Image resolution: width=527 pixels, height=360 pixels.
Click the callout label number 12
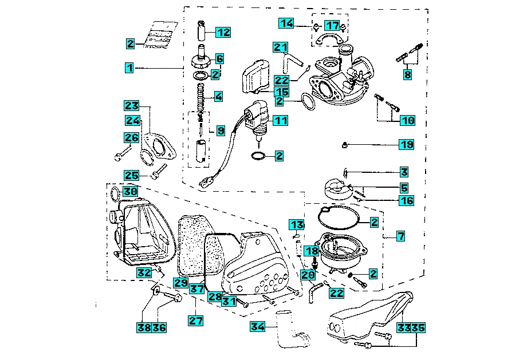[x=222, y=32]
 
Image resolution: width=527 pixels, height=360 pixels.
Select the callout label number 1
[x=130, y=68]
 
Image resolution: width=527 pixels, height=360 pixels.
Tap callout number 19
[x=406, y=145]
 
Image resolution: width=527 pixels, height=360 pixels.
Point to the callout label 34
[x=258, y=327]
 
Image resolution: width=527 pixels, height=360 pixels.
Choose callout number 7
[x=400, y=235]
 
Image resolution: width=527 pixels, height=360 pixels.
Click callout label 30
[x=130, y=191]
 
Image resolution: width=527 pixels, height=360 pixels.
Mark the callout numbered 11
[x=280, y=120]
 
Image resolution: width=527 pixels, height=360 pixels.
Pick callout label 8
[x=407, y=74]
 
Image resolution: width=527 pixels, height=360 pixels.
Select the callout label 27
[x=196, y=321]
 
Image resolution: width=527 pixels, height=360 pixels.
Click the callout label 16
[x=406, y=200]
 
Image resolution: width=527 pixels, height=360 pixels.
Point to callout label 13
[x=296, y=224]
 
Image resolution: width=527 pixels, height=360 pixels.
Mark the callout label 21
[x=280, y=46]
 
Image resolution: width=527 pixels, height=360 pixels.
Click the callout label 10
[x=407, y=121]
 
